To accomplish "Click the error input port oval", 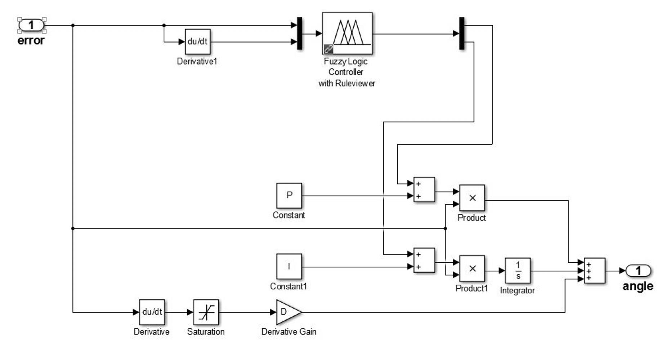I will [x=31, y=25].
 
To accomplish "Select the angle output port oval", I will [x=638, y=270].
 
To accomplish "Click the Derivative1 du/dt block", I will [x=197, y=42].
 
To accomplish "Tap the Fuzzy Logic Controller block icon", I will [x=347, y=33].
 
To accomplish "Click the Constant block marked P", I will [x=289, y=196].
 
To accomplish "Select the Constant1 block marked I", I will [x=289, y=267].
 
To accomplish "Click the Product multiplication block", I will [x=472, y=198].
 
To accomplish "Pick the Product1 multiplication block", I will [x=472, y=268].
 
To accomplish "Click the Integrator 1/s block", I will [x=518, y=270].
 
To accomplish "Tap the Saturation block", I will [x=206, y=312].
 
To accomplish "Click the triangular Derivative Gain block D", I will [x=287, y=312].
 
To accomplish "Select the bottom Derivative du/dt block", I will [x=152, y=312].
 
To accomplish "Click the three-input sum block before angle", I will [x=594, y=271].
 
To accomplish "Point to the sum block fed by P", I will [x=424, y=190].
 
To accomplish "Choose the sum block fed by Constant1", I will [x=424, y=260].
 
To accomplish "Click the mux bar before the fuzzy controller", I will [x=299, y=34].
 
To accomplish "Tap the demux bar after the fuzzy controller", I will [x=462, y=34].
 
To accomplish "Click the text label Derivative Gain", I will [x=288, y=332].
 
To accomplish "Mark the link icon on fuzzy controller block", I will [x=328, y=49].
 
